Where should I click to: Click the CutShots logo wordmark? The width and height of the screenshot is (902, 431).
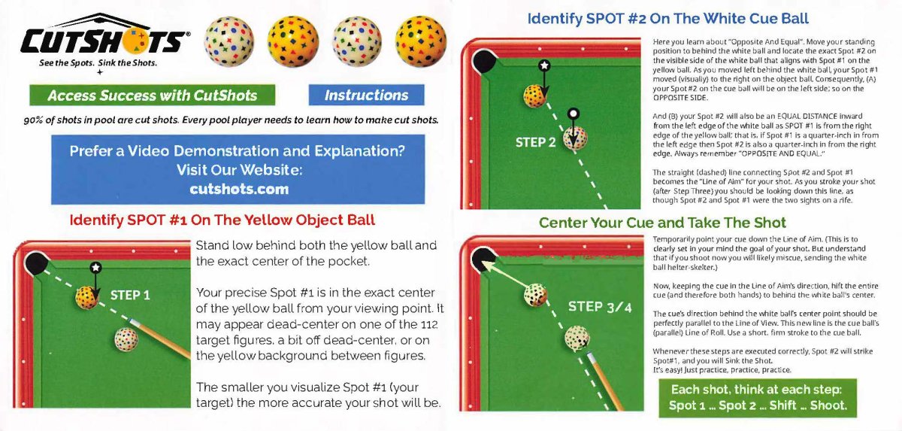(x=104, y=41)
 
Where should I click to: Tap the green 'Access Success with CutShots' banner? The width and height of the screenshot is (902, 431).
(x=152, y=95)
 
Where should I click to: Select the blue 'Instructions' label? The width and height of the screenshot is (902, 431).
(x=367, y=95)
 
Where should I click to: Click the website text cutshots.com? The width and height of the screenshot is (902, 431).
(x=239, y=189)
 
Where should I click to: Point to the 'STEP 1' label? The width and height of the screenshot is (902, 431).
(x=130, y=296)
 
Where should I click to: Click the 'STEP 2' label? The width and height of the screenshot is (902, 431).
(x=535, y=142)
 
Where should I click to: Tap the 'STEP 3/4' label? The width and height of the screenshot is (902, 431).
(x=600, y=307)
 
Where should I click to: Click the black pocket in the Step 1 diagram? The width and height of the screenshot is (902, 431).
(x=36, y=263)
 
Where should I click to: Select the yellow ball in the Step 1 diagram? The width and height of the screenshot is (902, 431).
(x=87, y=298)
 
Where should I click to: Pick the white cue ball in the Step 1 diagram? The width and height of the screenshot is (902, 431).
(x=126, y=339)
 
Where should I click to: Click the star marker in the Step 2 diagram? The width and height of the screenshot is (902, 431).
(x=544, y=65)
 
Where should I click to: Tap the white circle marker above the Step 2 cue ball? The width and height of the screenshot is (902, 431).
(x=574, y=114)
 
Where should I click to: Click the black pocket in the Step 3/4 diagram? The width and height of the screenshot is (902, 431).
(x=483, y=259)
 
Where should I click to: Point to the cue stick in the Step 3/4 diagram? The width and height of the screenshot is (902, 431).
(x=605, y=381)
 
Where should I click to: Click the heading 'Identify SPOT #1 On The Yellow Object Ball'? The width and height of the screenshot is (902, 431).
(x=222, y=220)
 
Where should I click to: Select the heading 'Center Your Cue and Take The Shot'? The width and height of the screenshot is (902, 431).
(x=662, y=223)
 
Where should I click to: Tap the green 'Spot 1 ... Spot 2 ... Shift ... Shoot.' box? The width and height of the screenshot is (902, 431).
(x=758, y=398)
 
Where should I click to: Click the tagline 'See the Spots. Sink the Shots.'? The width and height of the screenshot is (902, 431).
(x=98, y=63)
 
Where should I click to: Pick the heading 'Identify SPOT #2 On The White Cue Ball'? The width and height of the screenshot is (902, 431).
(x=668, y=19)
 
